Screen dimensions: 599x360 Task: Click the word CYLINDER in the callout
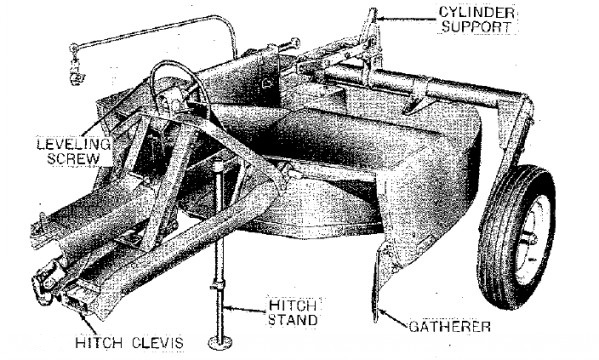477,12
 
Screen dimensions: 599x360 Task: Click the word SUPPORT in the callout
476,27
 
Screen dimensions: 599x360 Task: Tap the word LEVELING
74,144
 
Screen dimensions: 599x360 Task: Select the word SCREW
73,159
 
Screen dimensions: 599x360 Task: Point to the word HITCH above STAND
293,305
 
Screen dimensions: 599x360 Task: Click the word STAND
293,320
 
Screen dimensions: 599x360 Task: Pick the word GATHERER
450,327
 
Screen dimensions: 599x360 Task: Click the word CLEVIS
158,343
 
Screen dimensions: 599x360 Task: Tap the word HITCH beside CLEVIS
99,343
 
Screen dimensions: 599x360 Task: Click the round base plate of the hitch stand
220,343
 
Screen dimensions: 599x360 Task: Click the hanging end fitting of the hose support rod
77,76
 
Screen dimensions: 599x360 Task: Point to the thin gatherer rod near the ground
376,285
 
